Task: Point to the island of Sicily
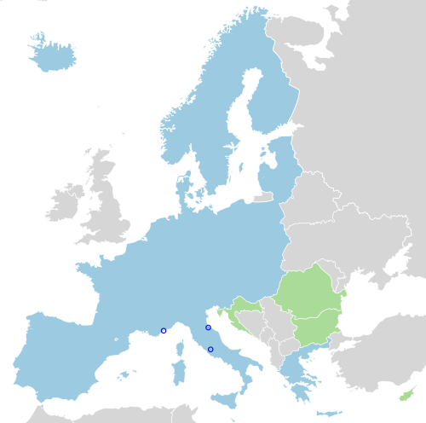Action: [x=226, y=400]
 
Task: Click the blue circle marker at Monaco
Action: [x=164, y=331]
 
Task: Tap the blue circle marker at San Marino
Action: [x=208, y=327]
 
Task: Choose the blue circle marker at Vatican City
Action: [x=210, y=350]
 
